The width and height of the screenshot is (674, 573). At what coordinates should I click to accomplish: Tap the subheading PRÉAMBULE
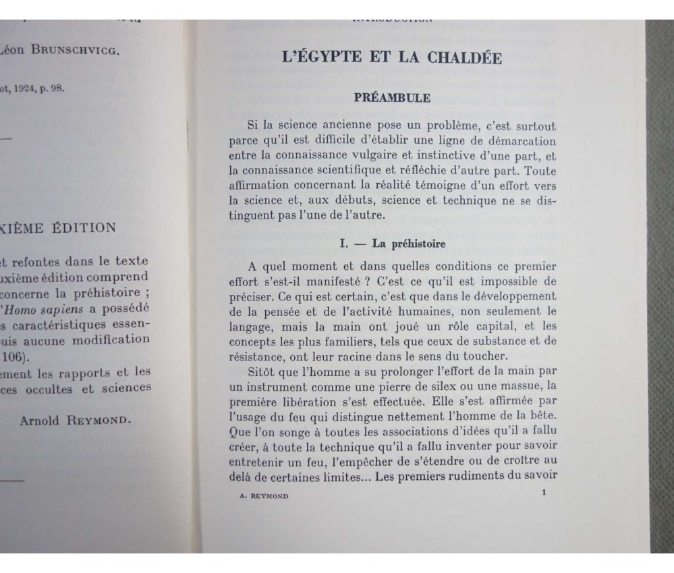392,97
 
